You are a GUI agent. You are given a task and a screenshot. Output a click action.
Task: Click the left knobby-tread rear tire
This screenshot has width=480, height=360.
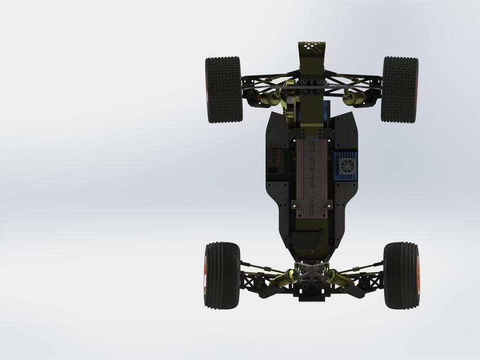point(223,89)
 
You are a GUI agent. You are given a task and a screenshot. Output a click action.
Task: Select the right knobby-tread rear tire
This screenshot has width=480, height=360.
point(400,89)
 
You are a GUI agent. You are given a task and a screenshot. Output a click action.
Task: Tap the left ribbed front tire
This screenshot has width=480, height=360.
point(222,275)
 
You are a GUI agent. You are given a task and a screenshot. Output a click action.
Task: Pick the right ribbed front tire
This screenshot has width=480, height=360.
point(401,275)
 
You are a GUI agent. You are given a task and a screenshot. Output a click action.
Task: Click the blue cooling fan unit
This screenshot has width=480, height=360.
point(345,166)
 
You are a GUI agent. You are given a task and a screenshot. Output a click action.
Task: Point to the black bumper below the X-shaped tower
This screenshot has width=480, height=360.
point(312,294)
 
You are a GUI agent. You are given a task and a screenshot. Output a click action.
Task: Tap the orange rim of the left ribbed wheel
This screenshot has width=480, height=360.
point(205,276)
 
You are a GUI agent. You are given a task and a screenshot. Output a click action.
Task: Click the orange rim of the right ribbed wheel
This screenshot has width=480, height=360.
point(418,276)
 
